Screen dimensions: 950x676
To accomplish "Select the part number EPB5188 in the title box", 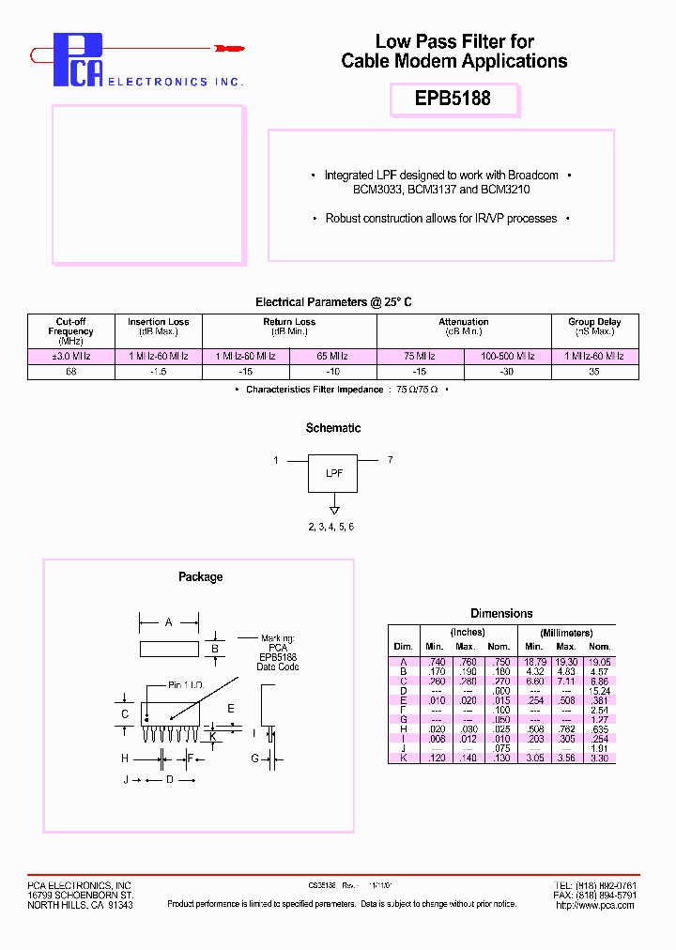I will pos(453,99).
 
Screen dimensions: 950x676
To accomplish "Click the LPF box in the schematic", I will pos(333,473).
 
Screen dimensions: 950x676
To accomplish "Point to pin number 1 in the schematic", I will pos(276,460).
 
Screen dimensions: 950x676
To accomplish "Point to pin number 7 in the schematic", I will pos(391,460).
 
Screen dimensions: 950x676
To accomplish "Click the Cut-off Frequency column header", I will pos(71,330).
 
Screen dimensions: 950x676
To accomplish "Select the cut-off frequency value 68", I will pos(71,372).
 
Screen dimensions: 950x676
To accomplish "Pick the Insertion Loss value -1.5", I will pos(159,372).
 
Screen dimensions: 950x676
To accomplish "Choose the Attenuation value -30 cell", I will pos(507,372).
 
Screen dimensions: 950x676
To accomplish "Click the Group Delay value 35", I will pos(594,372).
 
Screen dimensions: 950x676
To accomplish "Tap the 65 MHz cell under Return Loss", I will pos(332,357).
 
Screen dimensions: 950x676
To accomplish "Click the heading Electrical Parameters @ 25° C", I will pos(333,302).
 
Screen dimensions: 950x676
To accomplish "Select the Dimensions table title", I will pos(501,613).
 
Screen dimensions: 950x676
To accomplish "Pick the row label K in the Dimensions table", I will pos(403,758).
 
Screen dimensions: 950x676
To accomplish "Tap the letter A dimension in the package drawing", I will pos(168,621).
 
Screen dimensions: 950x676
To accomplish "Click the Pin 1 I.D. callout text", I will pos(187,685).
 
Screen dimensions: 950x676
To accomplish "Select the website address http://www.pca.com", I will pos(595,905).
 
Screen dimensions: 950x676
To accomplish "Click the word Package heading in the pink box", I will pos(200,576).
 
